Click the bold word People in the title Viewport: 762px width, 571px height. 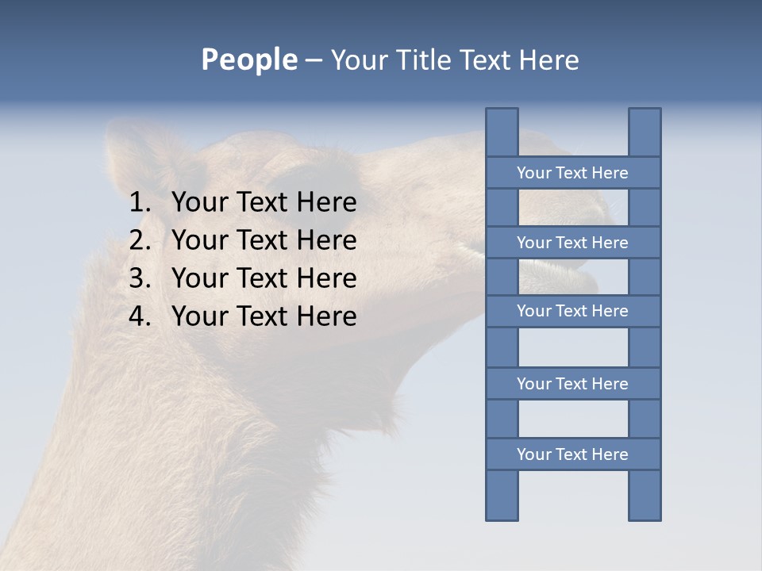[248, 60]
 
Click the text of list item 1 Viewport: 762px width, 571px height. [264, 203]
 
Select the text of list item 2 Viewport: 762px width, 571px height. [264, 240]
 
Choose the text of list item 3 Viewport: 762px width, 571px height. [264, 278]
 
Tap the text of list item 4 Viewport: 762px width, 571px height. [264, 316]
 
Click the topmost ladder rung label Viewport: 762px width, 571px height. [572, 173]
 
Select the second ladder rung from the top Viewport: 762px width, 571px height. [572, 243]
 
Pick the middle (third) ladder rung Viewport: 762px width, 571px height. [572, 311]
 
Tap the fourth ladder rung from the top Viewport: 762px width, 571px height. [572, 384]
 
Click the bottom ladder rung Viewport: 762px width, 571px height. [572, 454]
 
